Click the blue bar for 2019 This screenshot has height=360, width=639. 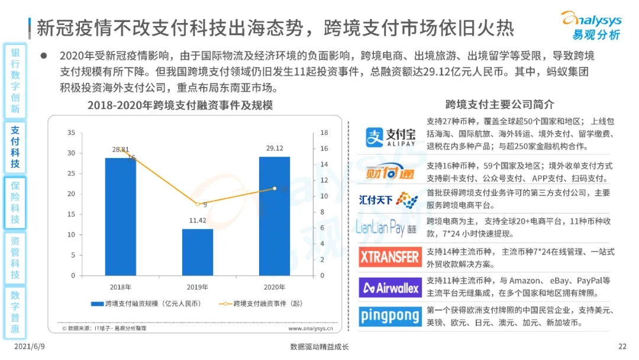[197, 252]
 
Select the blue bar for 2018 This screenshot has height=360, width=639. [121, 217]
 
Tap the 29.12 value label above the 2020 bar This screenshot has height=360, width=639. [274, 148]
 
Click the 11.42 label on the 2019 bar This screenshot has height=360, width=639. [197, 220]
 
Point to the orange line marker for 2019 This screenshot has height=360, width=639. [197, 204]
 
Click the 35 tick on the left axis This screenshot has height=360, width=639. [72, 133]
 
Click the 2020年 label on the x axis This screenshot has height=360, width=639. [274, 287]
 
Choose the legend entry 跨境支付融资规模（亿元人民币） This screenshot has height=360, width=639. [148, 304]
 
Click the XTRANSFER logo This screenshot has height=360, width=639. [389, 257]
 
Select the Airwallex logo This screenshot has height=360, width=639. [389, 288]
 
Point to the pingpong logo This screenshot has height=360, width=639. [389, 316]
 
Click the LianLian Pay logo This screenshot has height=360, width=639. [389, 227]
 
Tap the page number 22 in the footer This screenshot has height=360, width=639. [622, 347]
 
